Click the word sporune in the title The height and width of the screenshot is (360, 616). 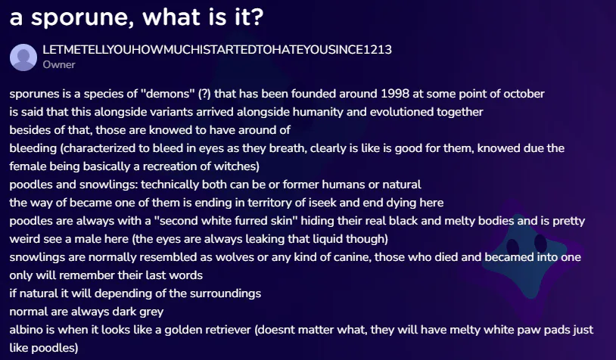82,18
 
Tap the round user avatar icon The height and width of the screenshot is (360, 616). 23,57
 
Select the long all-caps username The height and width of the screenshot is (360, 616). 217,49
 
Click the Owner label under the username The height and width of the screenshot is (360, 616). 59,65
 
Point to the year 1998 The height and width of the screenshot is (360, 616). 395,94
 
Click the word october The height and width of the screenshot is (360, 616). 524,94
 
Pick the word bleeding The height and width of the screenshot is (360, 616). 33,148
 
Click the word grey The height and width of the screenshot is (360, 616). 151,312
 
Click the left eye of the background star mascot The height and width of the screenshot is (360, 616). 512,247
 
